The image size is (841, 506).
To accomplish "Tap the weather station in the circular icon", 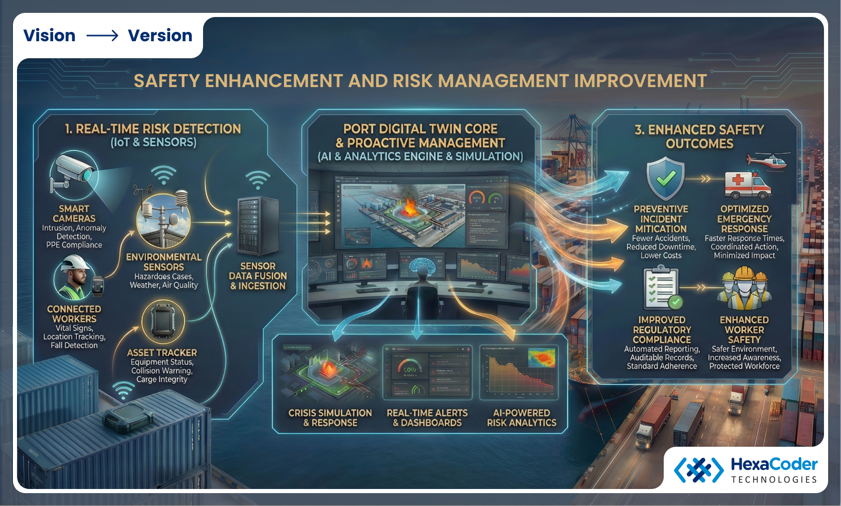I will coord(163,221).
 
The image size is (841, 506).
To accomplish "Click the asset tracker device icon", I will coord(163,322).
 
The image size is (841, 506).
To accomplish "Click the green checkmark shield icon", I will coord(665,179).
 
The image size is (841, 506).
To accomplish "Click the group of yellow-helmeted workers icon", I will coord(744,287).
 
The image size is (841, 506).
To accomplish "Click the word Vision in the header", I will coord(49,36).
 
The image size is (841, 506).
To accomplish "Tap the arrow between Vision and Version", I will coord(102,36).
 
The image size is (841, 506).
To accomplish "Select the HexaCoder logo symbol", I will coord(698,469).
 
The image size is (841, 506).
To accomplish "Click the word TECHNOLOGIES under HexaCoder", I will coord(774,480).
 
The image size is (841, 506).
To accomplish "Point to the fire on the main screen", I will coord(410,207).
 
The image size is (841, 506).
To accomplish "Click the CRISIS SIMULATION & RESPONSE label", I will coord(330,418).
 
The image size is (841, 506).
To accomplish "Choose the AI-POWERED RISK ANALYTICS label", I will coord(522,418).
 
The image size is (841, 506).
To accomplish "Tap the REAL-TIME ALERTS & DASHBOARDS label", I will coord(427,418).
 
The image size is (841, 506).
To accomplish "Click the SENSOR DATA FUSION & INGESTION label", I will coord(258,276).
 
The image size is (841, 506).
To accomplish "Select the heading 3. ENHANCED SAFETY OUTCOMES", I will coord(699,137).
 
